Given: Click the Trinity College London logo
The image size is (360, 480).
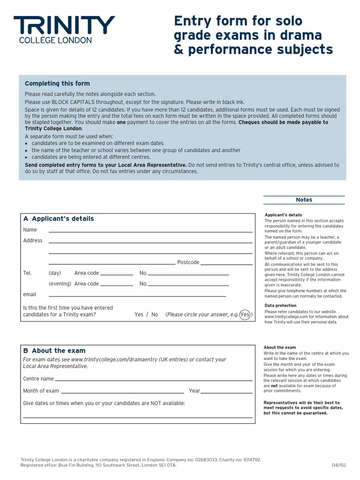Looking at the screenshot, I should point(64,30).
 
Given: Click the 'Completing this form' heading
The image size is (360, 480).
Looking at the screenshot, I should point(57,83).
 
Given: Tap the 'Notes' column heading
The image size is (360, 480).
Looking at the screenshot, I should point(304,200).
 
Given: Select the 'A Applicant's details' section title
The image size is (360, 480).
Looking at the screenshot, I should point(59,218).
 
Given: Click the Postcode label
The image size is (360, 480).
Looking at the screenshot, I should point(188,262).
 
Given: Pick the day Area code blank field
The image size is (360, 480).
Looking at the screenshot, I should point(117,274).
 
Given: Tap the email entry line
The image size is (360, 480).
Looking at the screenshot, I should point(137,295).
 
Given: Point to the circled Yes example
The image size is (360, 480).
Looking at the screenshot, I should point(245,315).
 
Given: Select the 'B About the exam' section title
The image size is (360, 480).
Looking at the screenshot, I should point(54,351).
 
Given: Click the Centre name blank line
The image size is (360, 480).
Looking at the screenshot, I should point(155,380).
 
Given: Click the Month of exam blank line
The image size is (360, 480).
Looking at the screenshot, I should point(122,392).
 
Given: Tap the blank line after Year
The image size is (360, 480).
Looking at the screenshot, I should point(228,392).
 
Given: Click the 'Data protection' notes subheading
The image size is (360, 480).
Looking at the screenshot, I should point(280,306).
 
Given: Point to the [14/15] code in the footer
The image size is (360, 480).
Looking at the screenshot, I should point(338,465).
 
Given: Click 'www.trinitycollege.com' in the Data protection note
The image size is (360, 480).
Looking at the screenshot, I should point(287,317).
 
